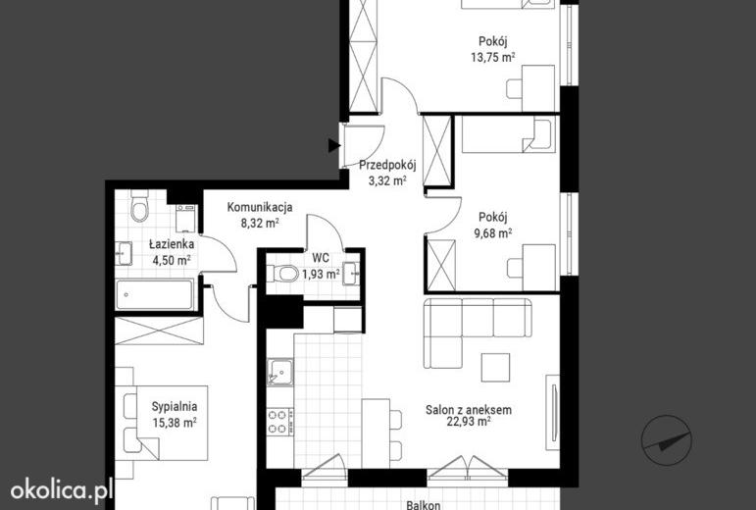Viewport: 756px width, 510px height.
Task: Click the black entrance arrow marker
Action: click(334, 145)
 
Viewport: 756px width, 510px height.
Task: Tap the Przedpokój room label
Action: click(387, 166)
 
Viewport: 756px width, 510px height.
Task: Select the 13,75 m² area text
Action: click(493, 57)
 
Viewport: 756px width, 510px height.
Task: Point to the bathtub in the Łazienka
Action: click(155, 294)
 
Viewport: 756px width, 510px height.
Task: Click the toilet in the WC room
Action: click(286, 274)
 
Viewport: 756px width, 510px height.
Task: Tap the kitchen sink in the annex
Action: click(280, 372)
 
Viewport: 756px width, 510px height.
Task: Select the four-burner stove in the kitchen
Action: click(280, 422)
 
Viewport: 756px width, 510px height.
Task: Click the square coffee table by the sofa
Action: click(495, 367)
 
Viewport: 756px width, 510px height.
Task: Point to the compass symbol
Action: click(667, 440)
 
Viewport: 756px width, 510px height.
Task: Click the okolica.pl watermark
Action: click(61, 490)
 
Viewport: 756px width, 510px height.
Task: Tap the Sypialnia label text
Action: click(175, 407)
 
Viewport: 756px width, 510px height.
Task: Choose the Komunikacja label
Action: click(260, 207)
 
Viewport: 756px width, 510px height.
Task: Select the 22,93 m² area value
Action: click(469, 422)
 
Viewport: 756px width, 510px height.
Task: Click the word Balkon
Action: click(423, 505)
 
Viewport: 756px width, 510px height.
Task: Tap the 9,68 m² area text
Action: click(493, 233)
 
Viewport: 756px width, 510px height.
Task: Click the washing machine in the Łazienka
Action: click(185, 218)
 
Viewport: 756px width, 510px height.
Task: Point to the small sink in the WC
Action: click(351, 274)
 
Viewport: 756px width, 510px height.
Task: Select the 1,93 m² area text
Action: click(321, 275)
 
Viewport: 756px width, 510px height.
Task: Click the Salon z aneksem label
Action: click(469, 410)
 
